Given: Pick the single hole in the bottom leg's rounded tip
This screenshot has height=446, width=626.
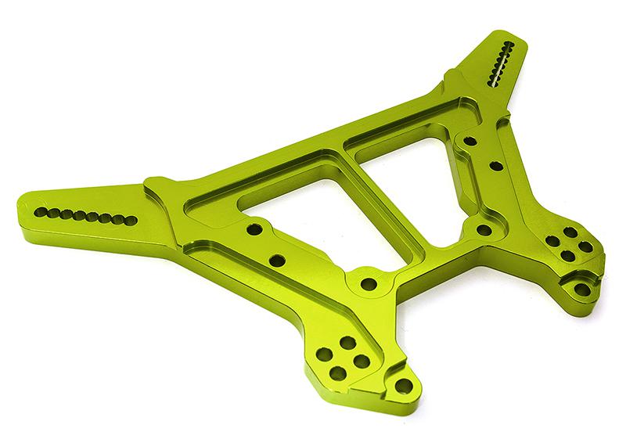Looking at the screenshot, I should [x=403, y=386].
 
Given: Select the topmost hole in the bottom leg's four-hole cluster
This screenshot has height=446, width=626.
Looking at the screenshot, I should [x=344, y=342].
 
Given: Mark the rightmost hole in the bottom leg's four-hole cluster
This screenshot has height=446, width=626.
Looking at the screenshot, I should [x=362, y=360].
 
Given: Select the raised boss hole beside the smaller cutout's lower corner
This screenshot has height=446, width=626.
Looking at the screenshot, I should [x=484, y=230].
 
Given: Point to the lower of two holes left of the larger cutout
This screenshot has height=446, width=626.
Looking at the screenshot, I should [x=275, y=260].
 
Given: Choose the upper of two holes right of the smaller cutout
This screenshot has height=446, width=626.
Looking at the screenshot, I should [x=469, y=142].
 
